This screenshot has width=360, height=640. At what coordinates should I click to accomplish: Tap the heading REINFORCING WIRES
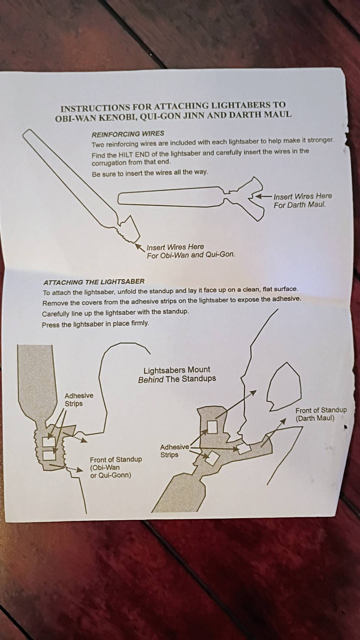pyautogui.click(x=128, y=134)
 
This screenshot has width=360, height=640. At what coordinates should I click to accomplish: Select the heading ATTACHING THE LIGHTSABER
pyautogui.click(x=94, y=282)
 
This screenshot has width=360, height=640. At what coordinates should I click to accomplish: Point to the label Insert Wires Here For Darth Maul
pyautogui.click(x=303, y=200)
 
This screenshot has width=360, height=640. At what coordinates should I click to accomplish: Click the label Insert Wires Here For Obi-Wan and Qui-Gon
pyautogui.click(x=191, y=251)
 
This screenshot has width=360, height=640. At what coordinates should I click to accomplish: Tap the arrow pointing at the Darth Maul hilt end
pyautogui.click(x=264, y=196)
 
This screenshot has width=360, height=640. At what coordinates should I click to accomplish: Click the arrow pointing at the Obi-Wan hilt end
pyautogui.click(x=140, y=247)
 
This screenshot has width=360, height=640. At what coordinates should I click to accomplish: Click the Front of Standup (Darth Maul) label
pyautogui.click(x=321, y=414)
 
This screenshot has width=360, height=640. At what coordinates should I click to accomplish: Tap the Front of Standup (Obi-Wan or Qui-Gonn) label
pyautogui.click(x=116, y=467)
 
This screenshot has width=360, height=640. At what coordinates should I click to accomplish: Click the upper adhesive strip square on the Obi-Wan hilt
pyautogui.click(x=49, y=442)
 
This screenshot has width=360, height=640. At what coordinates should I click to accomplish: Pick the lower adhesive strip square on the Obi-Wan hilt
pyautogui.click(x=49, y=455)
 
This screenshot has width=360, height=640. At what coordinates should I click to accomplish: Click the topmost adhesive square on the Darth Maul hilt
pyautogui.click(x=212, y=427)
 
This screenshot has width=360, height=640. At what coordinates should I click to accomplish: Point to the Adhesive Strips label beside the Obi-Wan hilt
pyautogui.click(x=79, y=399)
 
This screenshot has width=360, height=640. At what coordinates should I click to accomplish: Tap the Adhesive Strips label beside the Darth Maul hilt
pyautogui.click(x=174, y=451)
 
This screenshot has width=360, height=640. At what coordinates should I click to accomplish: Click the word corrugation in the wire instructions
pyautogui.click(x=109, y=163)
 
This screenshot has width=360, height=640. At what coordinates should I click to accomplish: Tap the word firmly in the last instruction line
pyautogui.click(x=140, y=323)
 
